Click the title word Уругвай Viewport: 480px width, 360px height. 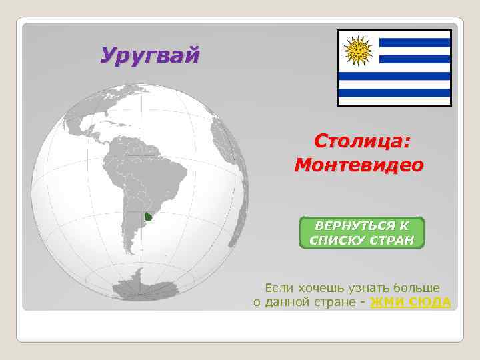[x=149, y=55]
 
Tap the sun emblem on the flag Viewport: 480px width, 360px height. [x=359, y=49]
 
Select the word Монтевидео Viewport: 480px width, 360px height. [x=358, y=164]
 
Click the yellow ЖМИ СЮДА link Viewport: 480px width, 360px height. [x=410, y=302]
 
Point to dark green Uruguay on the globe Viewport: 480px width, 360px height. [x=149, y=217]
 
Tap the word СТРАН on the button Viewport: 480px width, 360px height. [x=388, y=240]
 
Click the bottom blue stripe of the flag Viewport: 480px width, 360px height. [x=394, y=93]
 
